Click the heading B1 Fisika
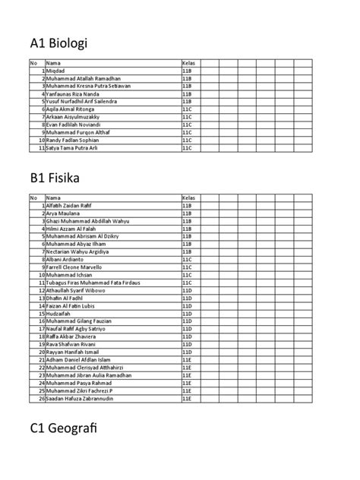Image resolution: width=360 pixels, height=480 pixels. click(54, 178)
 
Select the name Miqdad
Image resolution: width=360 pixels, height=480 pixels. click(55, 70)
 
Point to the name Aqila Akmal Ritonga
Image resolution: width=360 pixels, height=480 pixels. click(71, 109)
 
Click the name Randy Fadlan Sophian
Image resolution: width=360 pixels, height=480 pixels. click(73, 141)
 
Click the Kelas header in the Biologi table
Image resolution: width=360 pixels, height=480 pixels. click(188, 62)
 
